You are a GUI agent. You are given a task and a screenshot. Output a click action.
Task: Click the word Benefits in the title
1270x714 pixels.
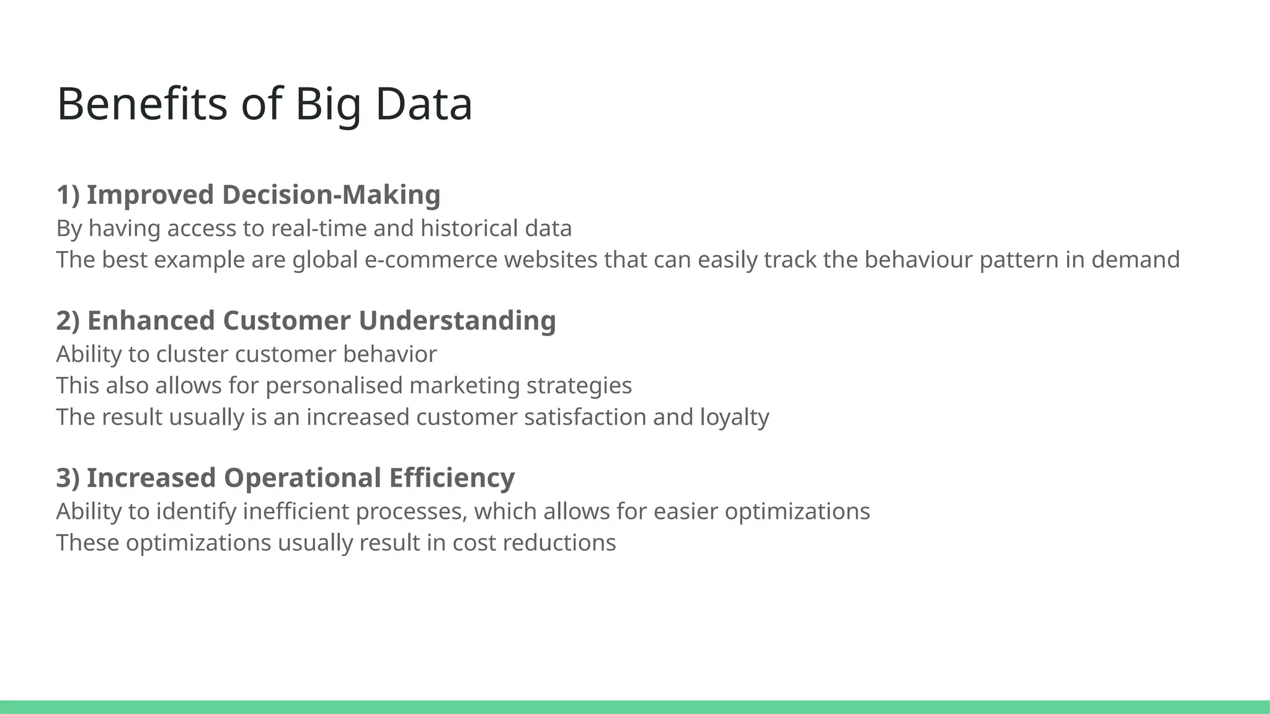pyautogui.click(x=142, y=104)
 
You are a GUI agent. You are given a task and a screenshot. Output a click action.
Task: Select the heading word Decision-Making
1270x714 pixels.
pyautogui.click(x=331, y=195)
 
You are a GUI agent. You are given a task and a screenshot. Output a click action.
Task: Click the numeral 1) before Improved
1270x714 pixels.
pyautogui.click(x=68, y=195)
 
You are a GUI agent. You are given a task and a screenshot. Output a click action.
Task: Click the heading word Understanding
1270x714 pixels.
pyautogui.click(x=457, y=320)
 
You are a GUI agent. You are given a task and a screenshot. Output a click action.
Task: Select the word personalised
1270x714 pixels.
pyautogui.click(x=334, y=386)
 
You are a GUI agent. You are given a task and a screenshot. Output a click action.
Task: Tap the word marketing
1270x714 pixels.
pyautogui.click(x=464, y=386)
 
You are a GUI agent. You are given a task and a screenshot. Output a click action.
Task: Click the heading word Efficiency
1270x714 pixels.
pyautogui.click(x=452, y=478)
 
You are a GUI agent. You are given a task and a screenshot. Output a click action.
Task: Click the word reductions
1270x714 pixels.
pyautogui.click(x=559, y=543)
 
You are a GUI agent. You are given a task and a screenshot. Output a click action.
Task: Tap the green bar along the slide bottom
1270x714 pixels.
pyautogui.click(x=635, y=707)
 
